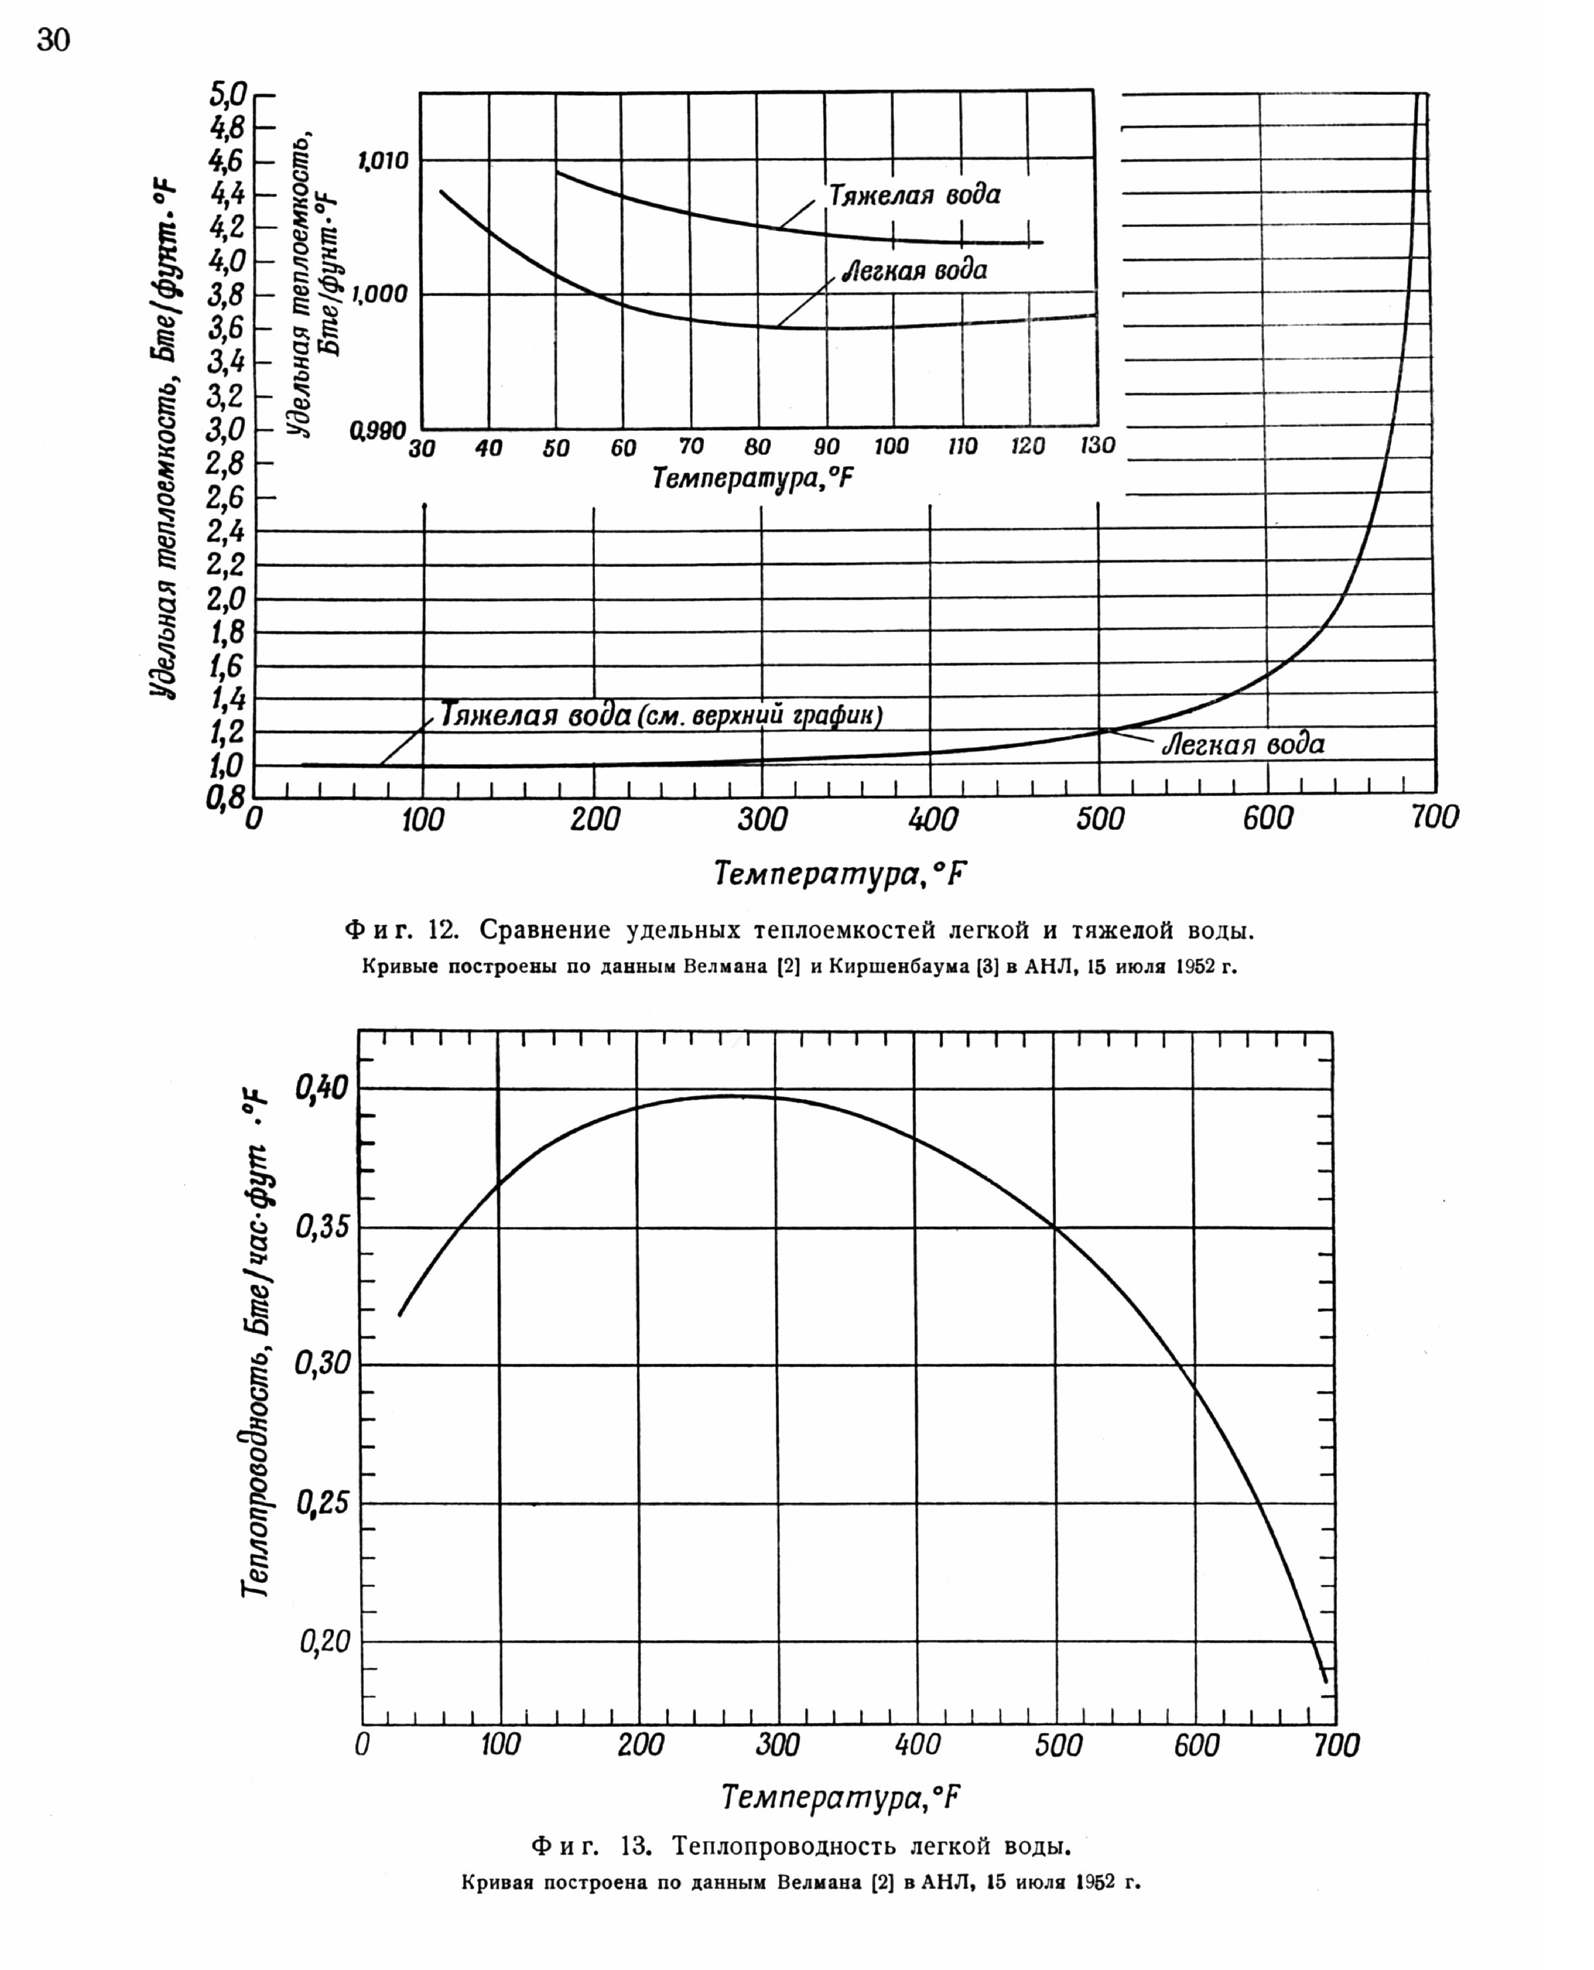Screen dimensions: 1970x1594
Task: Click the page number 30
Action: click(53, 41)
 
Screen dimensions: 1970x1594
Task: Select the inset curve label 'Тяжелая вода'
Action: click(915, 195)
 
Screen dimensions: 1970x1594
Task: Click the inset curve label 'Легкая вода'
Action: click(915, 271)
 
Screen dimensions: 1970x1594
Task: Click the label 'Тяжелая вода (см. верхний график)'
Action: click(661, 715)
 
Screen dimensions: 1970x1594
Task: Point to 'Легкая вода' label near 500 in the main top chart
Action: click(1243, 744)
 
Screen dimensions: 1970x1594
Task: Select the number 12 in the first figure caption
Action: click(442, 931)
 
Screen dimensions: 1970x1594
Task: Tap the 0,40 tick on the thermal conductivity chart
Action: click(321, 1089)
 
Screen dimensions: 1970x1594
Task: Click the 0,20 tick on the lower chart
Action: click(325, 1641)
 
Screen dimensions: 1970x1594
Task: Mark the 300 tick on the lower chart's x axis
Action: click(778, 1745)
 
